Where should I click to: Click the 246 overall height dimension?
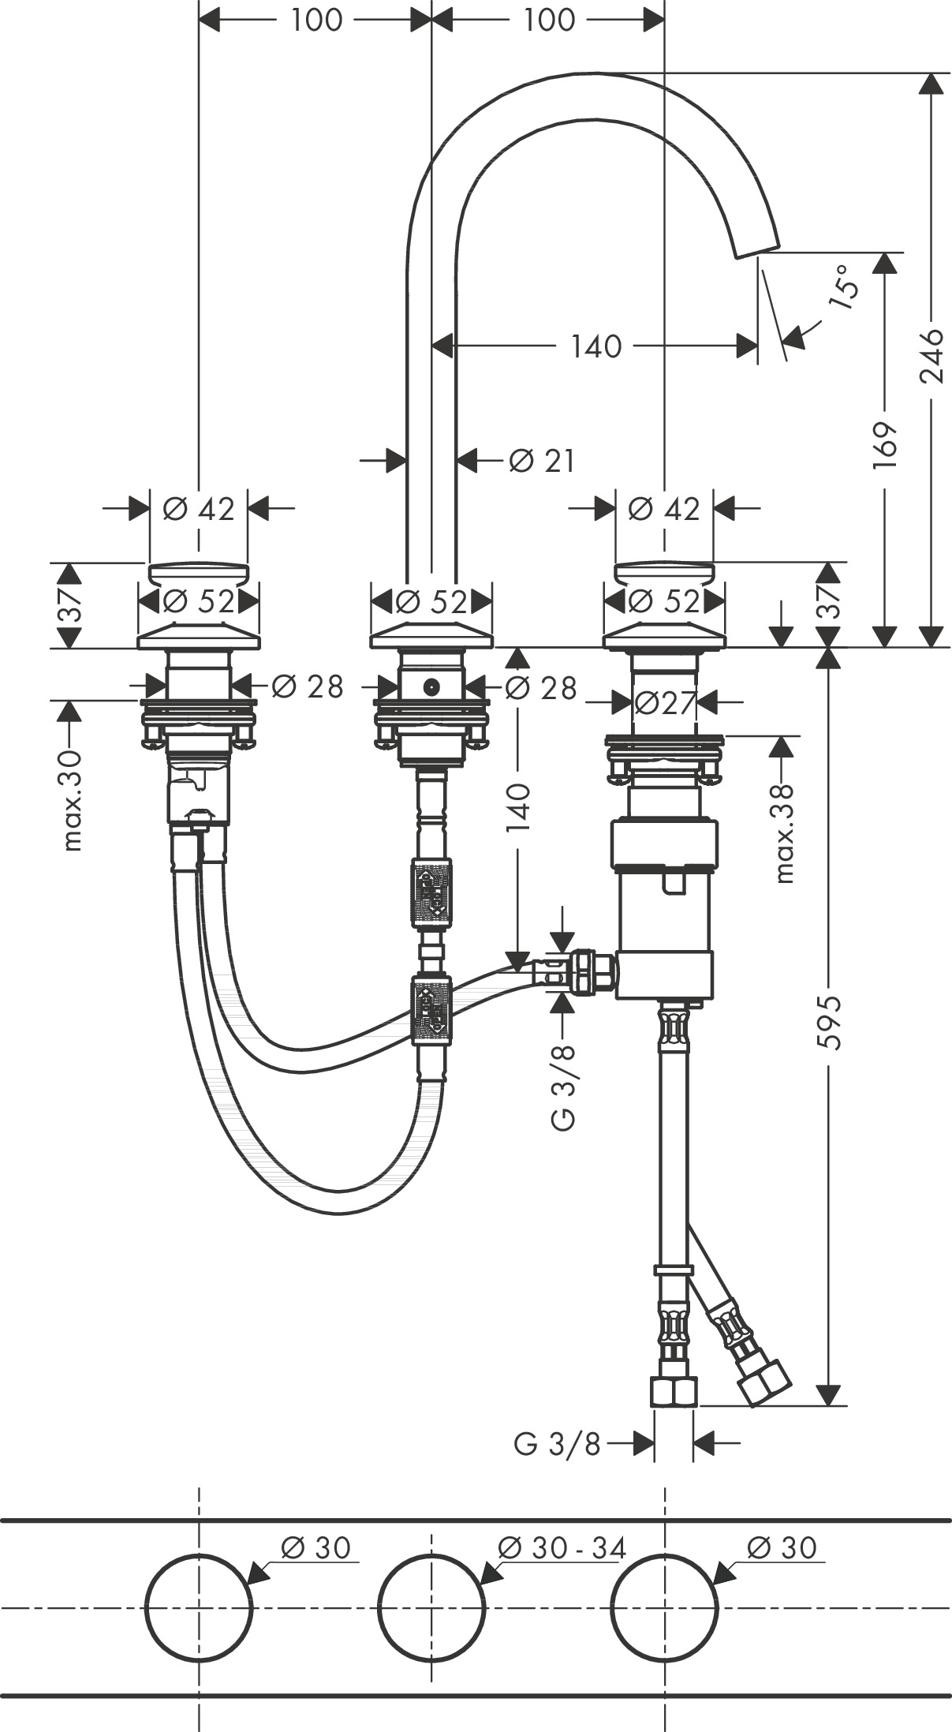pyautogui.click(x=932, y=355)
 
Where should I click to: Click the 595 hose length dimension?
pyautogui.click(x=829, y=1023)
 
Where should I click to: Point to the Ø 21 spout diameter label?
pyautogui.click(x=542, y=460)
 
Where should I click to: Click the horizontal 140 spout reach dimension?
pyautogui.click(x=596, y=346)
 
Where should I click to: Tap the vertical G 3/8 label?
pyautogui.click(x=563, y=1086)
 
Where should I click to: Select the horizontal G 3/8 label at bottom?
pyautogui.click(x=557, y=1443)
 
